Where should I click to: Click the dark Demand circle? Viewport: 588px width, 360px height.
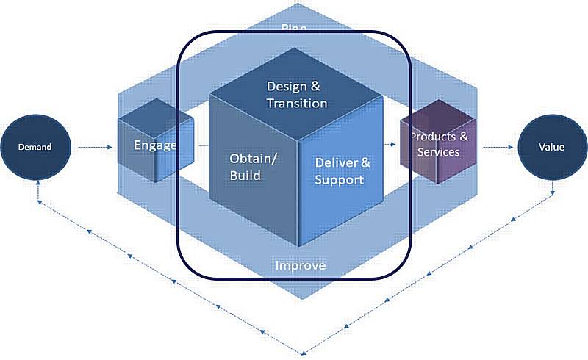pyautogui.click(x=35, y=147)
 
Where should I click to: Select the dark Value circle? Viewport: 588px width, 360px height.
pyautogui.click(x=551, y=147)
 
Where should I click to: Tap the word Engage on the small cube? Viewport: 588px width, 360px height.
pyautogui.click(x=155, y=145)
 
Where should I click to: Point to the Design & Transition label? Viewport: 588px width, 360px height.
pyautogui.click(x=297, y=95)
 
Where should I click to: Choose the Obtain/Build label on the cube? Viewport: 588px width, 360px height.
pyautogui.click(x=253, y=167)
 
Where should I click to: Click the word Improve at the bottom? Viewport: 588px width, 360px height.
pyautogui.click(x=300, y=265)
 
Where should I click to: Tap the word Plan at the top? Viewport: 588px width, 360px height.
pyautogui.click(x=294, y=29)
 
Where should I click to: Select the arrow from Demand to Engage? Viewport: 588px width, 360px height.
pyautogui.click(x=94, y=148)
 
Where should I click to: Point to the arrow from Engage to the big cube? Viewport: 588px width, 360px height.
pyautogui.click(x=203, y=148)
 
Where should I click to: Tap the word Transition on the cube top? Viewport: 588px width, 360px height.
pyautogui.click(x=297, y=103)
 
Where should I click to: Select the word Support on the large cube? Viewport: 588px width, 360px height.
pyautogui.click(x=339, y=179)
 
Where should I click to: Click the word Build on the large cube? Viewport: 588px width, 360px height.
pyautogui.click(x=245, y=176)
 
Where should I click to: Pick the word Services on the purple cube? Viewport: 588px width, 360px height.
pyautogui.click(x=438, y=152)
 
